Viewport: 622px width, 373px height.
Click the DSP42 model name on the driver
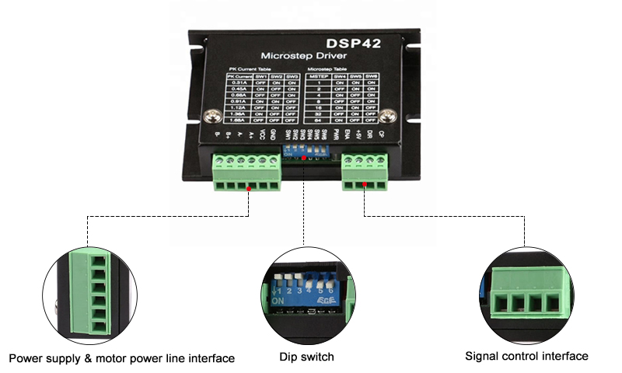355,44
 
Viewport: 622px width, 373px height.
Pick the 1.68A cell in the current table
239,120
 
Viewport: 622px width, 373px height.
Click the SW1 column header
262,76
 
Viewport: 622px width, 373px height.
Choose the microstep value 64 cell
317,120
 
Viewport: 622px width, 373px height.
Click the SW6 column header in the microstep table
371,76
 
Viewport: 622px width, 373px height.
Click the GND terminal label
271,134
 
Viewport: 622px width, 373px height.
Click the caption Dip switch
307,357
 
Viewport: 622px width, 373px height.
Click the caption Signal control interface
526,356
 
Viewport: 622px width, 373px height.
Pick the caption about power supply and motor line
121,358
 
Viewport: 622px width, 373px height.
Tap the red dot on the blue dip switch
303,158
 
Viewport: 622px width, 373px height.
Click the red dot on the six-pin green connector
247,188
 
